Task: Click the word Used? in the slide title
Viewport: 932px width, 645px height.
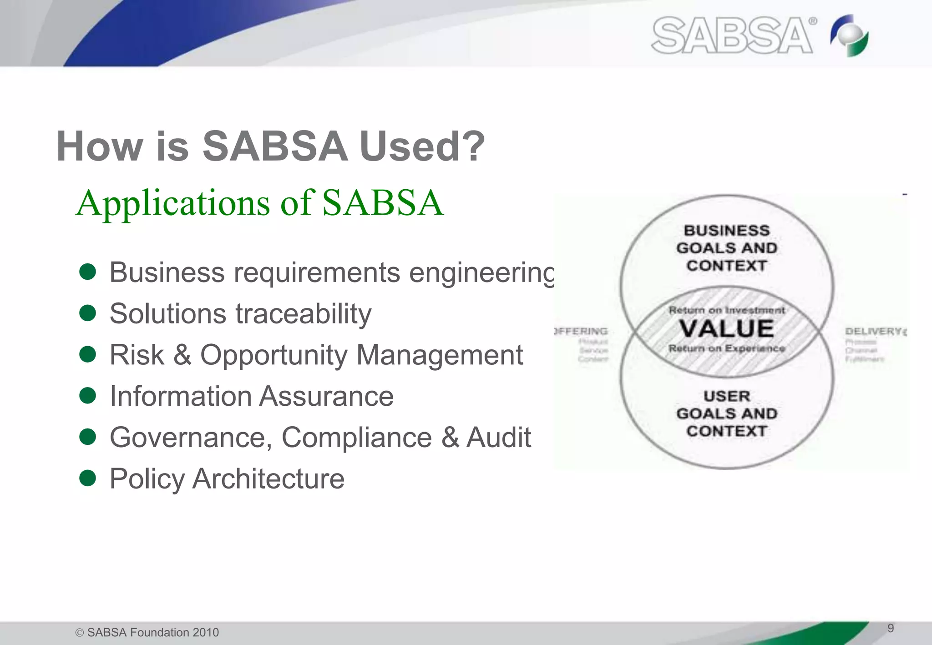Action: point(422,146)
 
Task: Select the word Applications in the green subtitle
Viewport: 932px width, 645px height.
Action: point(173,203)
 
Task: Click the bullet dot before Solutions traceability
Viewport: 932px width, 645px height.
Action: point(87,313)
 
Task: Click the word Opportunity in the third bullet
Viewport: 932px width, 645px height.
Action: point(274,355)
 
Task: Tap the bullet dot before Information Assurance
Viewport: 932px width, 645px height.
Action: point(87,395)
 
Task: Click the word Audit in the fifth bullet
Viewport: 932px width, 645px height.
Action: point(499,438)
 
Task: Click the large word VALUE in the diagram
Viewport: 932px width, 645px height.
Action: point(727,329)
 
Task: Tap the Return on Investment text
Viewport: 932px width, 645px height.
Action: point(727,310)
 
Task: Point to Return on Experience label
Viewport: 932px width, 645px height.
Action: point(727,348)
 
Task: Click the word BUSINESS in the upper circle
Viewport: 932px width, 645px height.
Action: point(727,231)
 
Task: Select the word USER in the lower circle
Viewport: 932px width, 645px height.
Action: point(727,396)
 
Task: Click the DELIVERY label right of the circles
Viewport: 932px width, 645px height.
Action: point(874,331)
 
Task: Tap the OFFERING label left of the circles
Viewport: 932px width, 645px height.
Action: point(582,331)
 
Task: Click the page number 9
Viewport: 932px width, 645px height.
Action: point(891,628)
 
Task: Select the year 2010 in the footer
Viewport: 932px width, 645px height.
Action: point(205,632)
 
